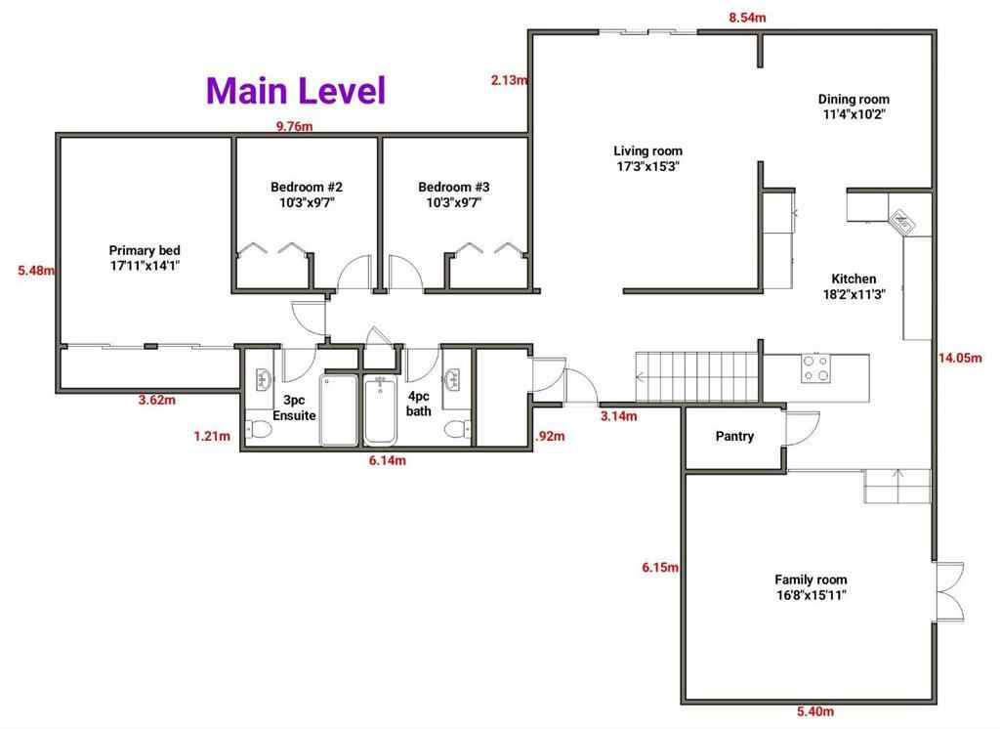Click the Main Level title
click(x=296, y=90)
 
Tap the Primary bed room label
click(x=145, y=258)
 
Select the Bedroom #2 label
click(x=306, y=194)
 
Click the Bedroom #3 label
click(x=454, y=194)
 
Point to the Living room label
click(x=647, y=158)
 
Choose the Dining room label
click(x=854, y=106)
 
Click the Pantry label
click(x=734, y=437)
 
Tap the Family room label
click(x=811, y=586)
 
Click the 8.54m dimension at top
click(x=747, y=18)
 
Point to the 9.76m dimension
click(x=294, y=126)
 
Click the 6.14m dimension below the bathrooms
click(x=388, y=460)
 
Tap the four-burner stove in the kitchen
click(x=815, y=368)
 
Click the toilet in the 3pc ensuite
click(x=259, y=428)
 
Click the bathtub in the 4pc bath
click(x=382, y=409)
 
